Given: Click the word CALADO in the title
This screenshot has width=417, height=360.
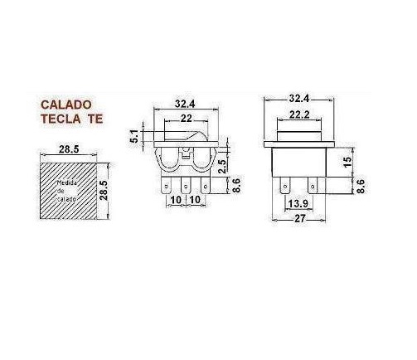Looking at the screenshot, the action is pyautogui.click(x=66, y=105).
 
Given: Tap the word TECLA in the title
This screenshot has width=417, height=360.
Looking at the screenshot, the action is pyautogui.click(x=61, y=119).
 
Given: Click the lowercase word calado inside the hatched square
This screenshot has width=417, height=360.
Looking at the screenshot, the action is pyautogui.click(x=66, y=199).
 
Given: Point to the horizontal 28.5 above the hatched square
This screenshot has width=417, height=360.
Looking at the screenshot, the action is pyautogui.click(x=69, y=149).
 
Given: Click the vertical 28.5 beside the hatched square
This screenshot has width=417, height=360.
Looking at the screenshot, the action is pyautogui.click(x=104, y=190).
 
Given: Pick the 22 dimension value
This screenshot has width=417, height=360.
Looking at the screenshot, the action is pyautogui.click(x=186, y=119).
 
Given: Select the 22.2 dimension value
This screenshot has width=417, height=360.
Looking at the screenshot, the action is pyautogui.click(x=299, y=114).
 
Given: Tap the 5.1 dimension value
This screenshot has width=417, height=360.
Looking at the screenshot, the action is pyautogui.click(x=135, y=136).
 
